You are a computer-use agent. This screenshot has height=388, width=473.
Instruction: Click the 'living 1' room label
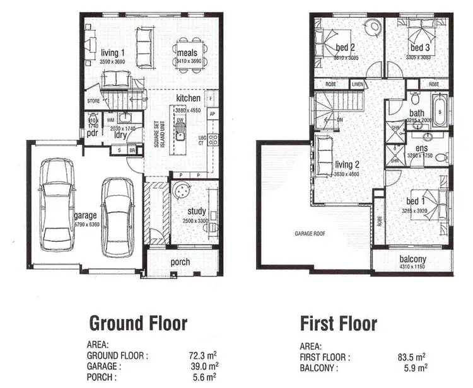point(113,52)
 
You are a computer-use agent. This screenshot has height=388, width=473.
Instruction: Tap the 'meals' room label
point(188,52)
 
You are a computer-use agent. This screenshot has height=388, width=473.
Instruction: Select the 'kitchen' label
point(189,98)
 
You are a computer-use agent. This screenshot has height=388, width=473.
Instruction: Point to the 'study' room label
point(197,211)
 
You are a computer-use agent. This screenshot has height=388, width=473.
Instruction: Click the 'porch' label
point(180,262)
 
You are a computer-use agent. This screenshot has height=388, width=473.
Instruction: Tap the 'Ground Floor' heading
point(138,324)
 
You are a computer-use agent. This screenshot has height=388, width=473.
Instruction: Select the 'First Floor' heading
point(338,324)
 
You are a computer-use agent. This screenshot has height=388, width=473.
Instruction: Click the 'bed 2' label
point(346,47)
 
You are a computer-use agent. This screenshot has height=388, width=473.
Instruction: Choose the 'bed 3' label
point(419,47)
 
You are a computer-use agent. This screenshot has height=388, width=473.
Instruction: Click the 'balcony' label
point(413,259)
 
